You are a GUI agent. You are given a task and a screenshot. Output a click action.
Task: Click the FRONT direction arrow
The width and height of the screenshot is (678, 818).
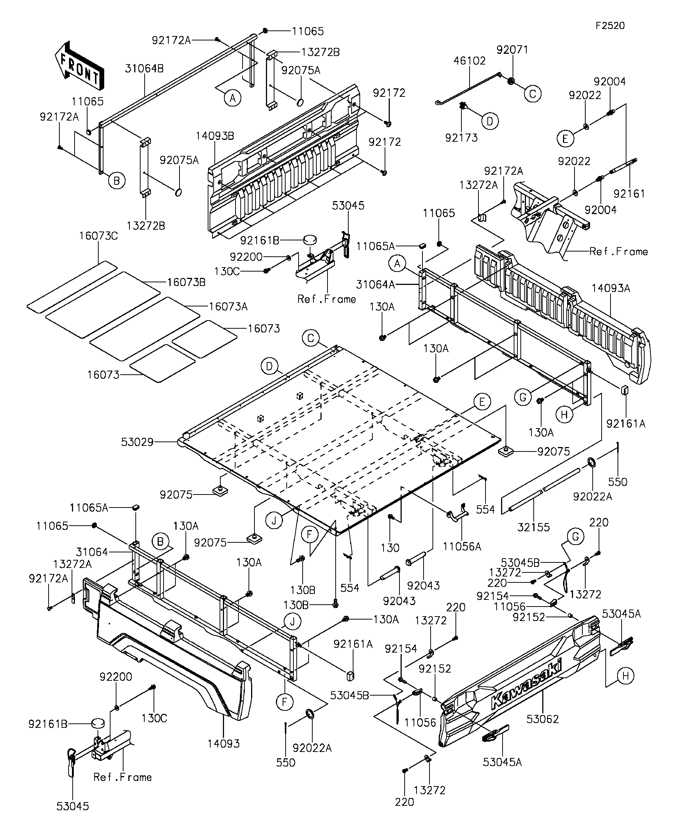click(79, 65)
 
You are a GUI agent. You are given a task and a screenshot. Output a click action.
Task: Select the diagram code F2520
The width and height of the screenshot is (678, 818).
click(610, 26)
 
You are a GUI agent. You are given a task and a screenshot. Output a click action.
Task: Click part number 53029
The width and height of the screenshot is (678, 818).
click(137, 442)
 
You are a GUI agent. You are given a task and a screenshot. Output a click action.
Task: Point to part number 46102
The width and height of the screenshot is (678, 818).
click(470, 61)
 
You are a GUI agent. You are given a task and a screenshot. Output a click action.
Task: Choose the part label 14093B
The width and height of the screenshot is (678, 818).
click(215, 136)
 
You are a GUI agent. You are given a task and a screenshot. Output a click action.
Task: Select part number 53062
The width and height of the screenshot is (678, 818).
click(543, 719)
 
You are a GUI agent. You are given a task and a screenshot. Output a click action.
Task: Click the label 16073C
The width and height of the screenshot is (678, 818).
click(98, 236)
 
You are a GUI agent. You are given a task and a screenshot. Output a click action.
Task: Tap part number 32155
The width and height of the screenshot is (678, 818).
click(533, 528)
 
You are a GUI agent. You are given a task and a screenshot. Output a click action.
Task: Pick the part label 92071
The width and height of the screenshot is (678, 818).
click(512, 50)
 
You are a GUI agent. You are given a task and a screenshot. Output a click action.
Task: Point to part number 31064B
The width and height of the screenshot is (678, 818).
click(144, 69)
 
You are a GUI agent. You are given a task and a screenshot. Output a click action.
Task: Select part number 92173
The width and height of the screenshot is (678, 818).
click(461, 138)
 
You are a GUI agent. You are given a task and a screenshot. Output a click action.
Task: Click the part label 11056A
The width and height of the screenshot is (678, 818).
click(462, 547)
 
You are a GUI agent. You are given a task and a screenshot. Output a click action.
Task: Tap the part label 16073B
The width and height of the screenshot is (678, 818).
click(186, 282)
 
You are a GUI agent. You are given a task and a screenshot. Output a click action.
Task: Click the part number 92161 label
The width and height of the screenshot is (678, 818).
click(629, 194)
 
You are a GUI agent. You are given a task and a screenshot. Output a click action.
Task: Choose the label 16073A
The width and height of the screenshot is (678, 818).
click(228, 306)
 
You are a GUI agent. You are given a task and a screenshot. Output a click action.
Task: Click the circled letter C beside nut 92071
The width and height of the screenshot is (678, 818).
click(533, 93)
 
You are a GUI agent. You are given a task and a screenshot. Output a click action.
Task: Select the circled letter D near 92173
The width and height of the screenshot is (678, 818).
click(490, 122)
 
